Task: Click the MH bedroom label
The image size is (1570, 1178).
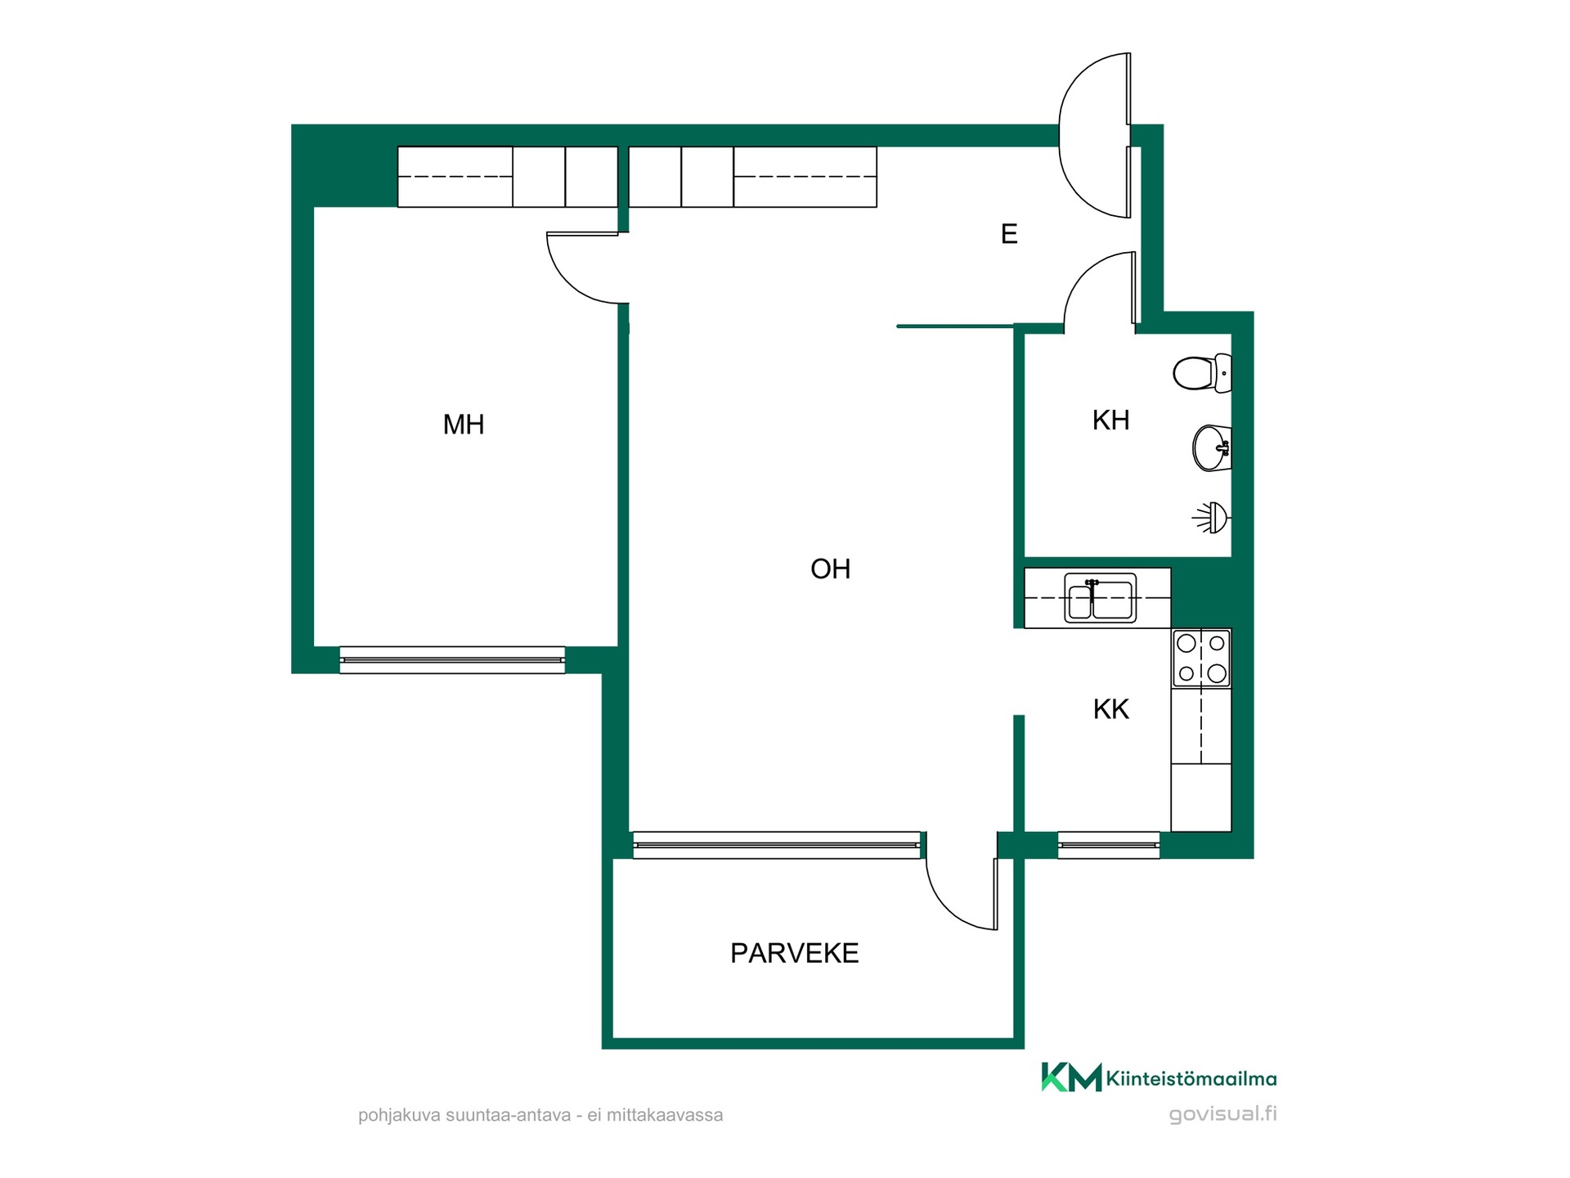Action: [464, 425]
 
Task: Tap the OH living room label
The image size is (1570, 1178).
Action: [830, 569]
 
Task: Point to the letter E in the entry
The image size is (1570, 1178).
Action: [1009, 234]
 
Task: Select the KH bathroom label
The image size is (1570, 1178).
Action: [1110, 420]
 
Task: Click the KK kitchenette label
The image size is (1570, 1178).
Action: [1110, 709]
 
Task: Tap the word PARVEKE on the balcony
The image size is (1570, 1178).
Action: [794, 953]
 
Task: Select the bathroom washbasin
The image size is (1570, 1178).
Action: [1212, 448]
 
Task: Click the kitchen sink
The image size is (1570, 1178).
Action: [1100, 598]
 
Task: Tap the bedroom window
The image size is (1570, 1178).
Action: [452, 660]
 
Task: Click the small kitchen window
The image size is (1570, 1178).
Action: [1109, 845]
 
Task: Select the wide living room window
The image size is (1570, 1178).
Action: [777, 845]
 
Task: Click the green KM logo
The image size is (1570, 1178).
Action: [1071, 1077]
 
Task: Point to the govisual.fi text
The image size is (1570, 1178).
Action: [1222, 1114]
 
